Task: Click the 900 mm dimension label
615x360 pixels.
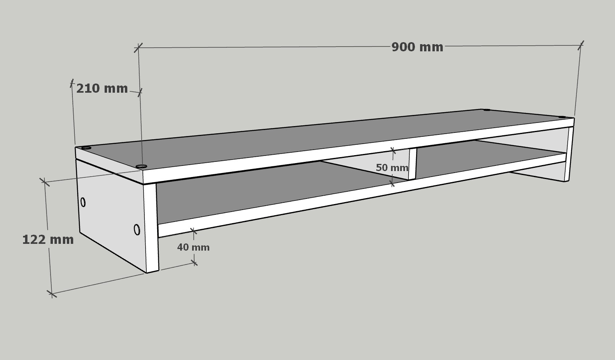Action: (x=417, y=47)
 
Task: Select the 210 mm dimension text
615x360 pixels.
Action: (x=102, y=89)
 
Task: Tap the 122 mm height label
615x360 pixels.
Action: (x=48, y=240)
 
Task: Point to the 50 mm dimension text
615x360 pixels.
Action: (x=392, y=167)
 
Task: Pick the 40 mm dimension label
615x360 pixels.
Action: (x=193, y=247)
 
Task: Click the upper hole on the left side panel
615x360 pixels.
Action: (x=83, y=202)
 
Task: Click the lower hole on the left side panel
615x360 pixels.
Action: (x=137, y=230)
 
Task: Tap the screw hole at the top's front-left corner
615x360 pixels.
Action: (x=141, y=166)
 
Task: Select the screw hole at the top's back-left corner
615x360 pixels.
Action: (x=86, y=148)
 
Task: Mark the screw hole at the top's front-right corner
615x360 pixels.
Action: (x=562, y=117)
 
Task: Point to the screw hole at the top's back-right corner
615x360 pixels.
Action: (x=487, y=110)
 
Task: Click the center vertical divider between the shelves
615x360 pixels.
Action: (x=413, y=164)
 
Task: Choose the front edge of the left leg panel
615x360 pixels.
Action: (x=151, y=228)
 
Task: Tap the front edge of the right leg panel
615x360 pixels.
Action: (x=568, y=154)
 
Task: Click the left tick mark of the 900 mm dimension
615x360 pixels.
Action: (x=138, y=47)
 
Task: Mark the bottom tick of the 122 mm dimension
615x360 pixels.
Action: (x=52, y=294)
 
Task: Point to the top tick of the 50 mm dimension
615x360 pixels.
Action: (x=393, y=150)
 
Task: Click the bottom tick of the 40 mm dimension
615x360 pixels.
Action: (x=194, y=263)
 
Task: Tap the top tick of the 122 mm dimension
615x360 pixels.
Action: (x=45, y=182)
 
